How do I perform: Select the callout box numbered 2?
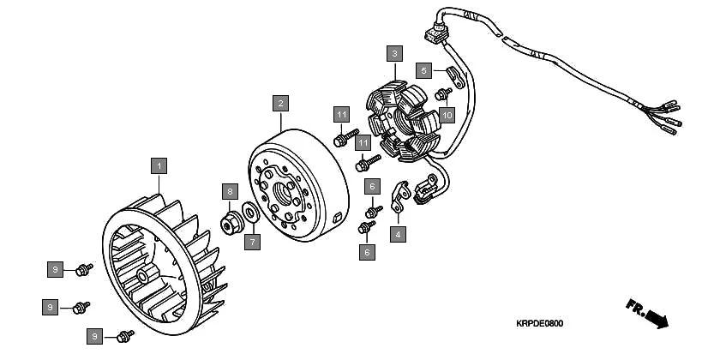(279, 103)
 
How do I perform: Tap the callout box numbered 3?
(393, 53)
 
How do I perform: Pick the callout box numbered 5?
(424, 69)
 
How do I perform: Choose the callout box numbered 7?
(252, 243)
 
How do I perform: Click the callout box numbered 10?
(446, 115)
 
